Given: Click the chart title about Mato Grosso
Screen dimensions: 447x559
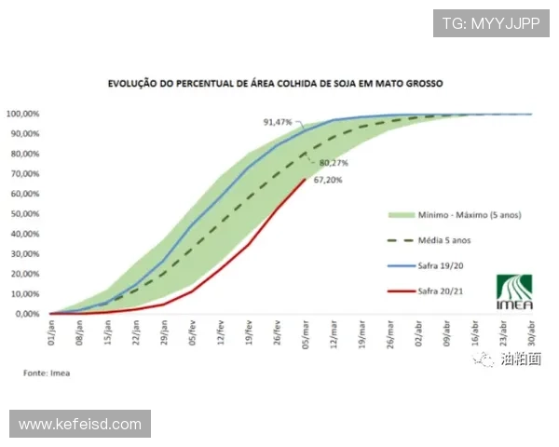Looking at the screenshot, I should click(x=274, y=83).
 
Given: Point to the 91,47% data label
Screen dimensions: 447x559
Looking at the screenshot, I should click(x=278, y=122).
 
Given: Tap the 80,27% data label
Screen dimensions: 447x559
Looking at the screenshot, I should click(x=328, y=163).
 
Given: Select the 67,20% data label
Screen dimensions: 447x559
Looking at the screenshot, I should click(x=327, y=180).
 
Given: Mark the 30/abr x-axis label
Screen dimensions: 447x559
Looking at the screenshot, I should click(x=531, y=332).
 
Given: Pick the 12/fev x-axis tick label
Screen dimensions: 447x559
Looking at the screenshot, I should click(x=222, y=332).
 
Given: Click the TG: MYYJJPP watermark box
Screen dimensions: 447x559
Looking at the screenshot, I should click(x=490, y=21).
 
